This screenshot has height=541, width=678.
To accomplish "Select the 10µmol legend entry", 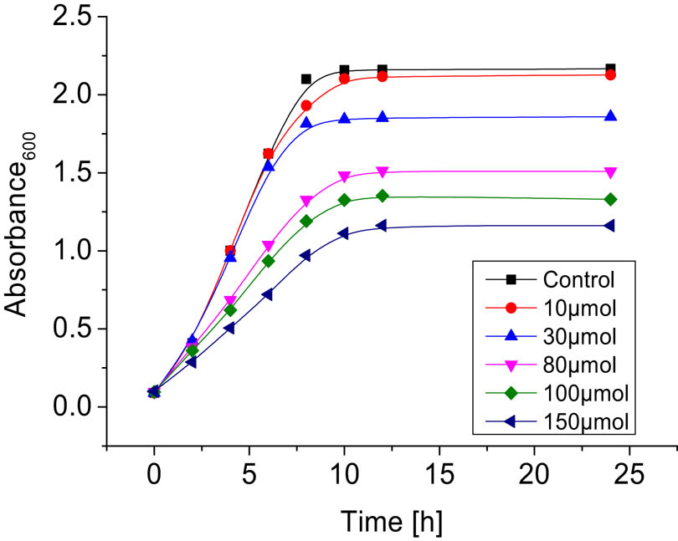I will click(577, 308).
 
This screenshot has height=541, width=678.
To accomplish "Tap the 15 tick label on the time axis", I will click(439, 478).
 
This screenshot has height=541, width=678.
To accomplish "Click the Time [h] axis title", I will click(391, 520).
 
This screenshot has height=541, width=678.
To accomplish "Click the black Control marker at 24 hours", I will click(610, 69).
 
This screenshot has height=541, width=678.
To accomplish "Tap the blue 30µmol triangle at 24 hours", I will click(610, 116).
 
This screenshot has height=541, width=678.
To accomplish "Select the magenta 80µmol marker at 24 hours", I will click(610, 172).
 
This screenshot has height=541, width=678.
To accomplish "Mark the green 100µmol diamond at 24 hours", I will click(610, 199).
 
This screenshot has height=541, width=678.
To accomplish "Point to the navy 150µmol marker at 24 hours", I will click(610, 226).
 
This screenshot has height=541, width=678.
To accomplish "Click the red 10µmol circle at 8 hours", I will click(306, 105).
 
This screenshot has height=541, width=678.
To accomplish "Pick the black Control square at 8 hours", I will click(306, 79).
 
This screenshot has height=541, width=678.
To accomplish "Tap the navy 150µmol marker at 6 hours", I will click(268, 294).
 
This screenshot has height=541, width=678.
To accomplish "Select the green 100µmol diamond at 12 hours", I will click(383, 196).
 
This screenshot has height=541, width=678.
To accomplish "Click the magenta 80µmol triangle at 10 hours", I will click(344, 177).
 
